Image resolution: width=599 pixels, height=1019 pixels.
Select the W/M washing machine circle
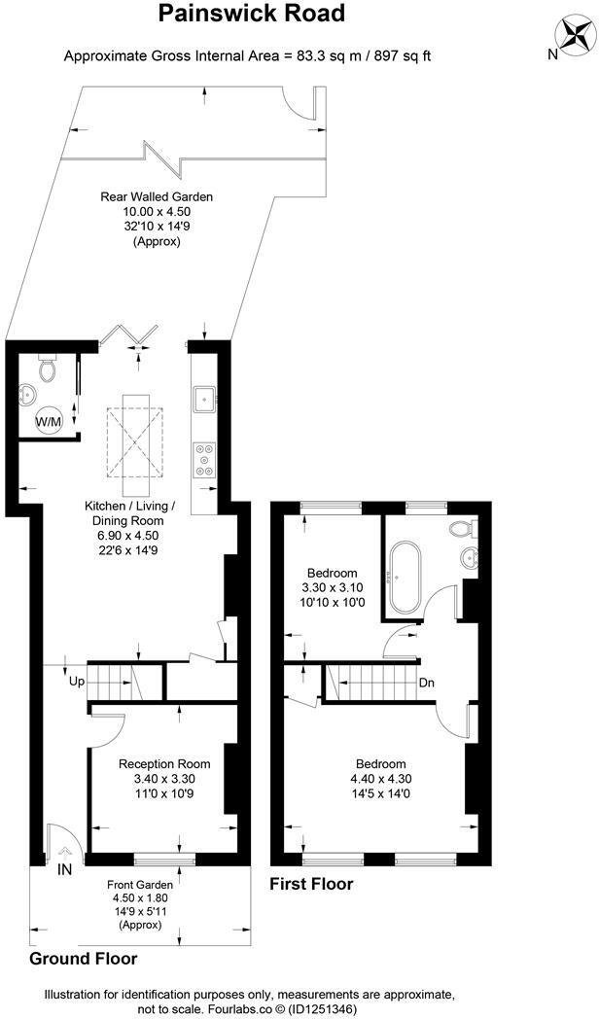(x=47, y=422)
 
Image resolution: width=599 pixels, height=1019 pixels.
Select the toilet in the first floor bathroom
(x=463, y=528)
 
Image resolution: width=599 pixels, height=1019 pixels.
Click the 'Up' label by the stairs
(x=76, y=682)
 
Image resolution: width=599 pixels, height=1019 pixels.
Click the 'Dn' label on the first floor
(x=426, y=682)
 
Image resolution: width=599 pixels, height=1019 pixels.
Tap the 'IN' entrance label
(x=65, y=868)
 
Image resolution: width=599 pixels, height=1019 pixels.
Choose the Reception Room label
(x=164, y=763)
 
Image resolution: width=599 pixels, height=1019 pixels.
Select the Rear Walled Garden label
(x=157, y=196)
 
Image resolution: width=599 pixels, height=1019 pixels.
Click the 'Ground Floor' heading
(x=83, y=958)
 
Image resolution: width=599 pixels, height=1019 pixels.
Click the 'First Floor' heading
(x=311, y=884)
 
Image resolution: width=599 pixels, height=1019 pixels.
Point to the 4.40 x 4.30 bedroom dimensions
(x=380, y=778)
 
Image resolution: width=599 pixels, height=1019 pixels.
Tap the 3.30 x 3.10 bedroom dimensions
(x=333, y=587)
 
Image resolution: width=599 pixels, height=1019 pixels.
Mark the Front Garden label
(x=141, y=885)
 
